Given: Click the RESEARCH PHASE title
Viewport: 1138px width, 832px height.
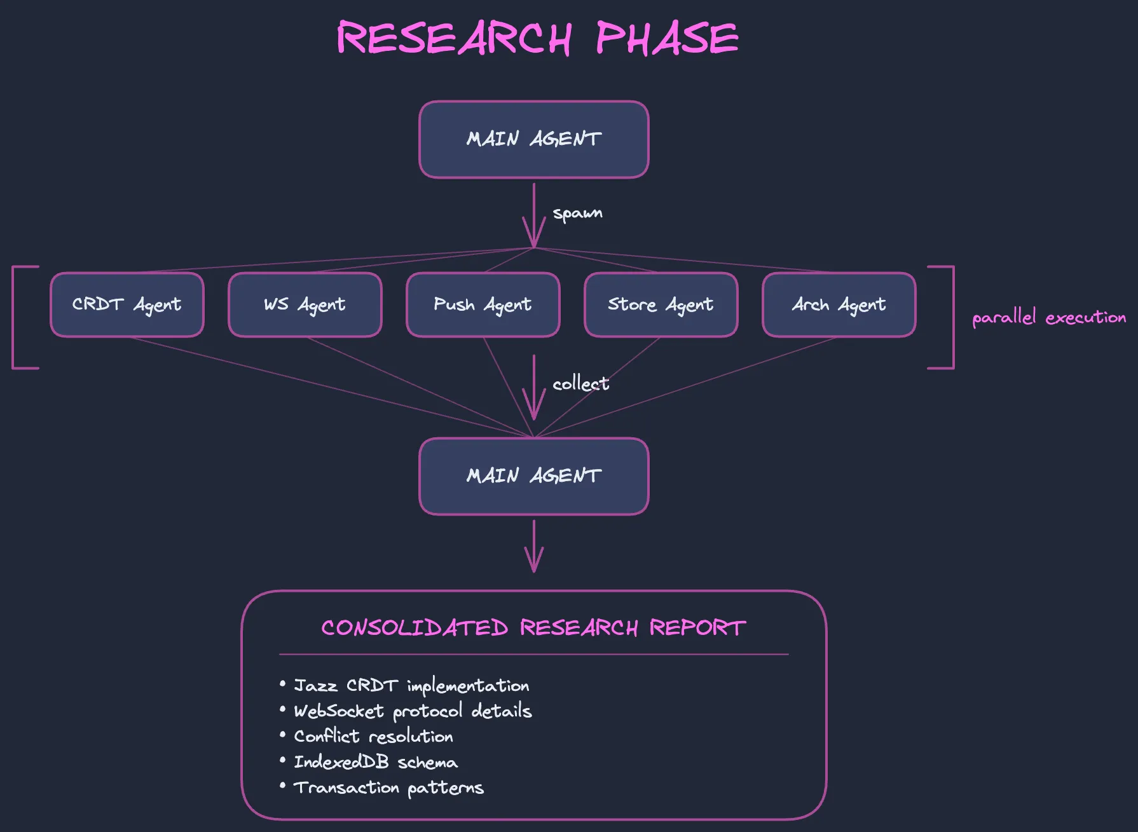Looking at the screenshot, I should (x=537, y=38).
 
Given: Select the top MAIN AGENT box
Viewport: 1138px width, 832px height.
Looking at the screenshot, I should (x=534, y=139).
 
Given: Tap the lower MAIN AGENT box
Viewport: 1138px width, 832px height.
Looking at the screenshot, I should (x=534, y=476).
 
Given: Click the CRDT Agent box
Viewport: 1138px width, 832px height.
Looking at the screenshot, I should (x=127, y=304).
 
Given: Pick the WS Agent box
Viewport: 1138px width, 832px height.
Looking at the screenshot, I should (x=305, y=304).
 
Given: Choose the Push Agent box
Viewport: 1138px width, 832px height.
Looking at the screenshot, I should (x=483, y=304).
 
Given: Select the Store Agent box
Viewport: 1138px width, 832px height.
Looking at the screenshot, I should (x=661, y=304).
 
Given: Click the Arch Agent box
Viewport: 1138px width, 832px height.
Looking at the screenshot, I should (x=839, y=304).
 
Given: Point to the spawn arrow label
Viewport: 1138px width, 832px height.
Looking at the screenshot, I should (x=577, y=213).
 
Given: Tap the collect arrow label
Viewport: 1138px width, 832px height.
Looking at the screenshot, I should (x=580, y=384).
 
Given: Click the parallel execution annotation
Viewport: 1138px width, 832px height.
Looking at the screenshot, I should (x=1049, y=317).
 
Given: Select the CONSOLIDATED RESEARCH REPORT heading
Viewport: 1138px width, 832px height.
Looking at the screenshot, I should (x=533, y=628).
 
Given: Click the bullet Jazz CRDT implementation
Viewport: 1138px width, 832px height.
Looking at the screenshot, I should (x=411, y=686).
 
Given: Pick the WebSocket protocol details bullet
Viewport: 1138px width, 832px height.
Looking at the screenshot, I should (x=413, y=711).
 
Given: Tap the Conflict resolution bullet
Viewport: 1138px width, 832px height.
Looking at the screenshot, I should (x=373, y=737).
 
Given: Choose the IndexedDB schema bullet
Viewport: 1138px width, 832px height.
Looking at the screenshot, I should (x=375, y=762).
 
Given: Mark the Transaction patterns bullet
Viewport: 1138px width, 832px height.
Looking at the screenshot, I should (x=388, y=788).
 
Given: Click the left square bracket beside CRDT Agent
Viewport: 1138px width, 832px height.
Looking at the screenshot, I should (x=15, y=317).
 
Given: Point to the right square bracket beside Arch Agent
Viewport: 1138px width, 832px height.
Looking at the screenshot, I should (x=952, y=317).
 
